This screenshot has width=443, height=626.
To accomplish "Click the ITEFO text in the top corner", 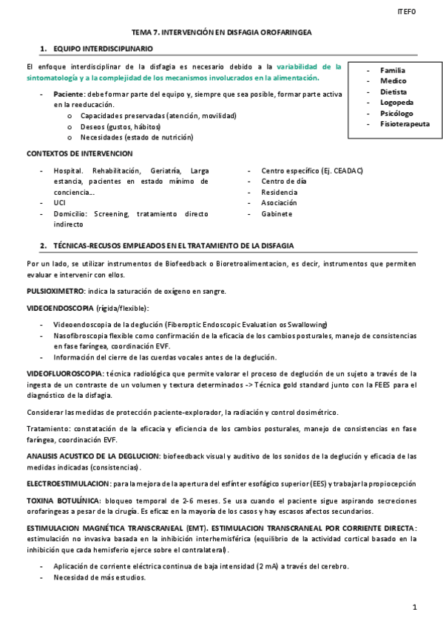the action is coord(407,12).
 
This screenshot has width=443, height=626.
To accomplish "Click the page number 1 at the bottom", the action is coord(415,607).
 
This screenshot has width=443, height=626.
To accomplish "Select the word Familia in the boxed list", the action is coord(393,70).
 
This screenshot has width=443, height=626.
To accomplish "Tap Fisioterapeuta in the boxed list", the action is coord(405,124).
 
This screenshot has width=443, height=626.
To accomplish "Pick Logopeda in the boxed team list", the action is coord(396,103).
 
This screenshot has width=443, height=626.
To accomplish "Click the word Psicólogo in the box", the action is coord(397,114).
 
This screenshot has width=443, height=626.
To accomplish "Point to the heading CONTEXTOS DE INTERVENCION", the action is coord(79,153).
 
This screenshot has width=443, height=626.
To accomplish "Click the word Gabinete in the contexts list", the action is coord(277,214).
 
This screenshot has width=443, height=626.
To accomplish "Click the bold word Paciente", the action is coord(69,94).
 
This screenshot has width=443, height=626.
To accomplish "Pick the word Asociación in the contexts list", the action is coord(280,203).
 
